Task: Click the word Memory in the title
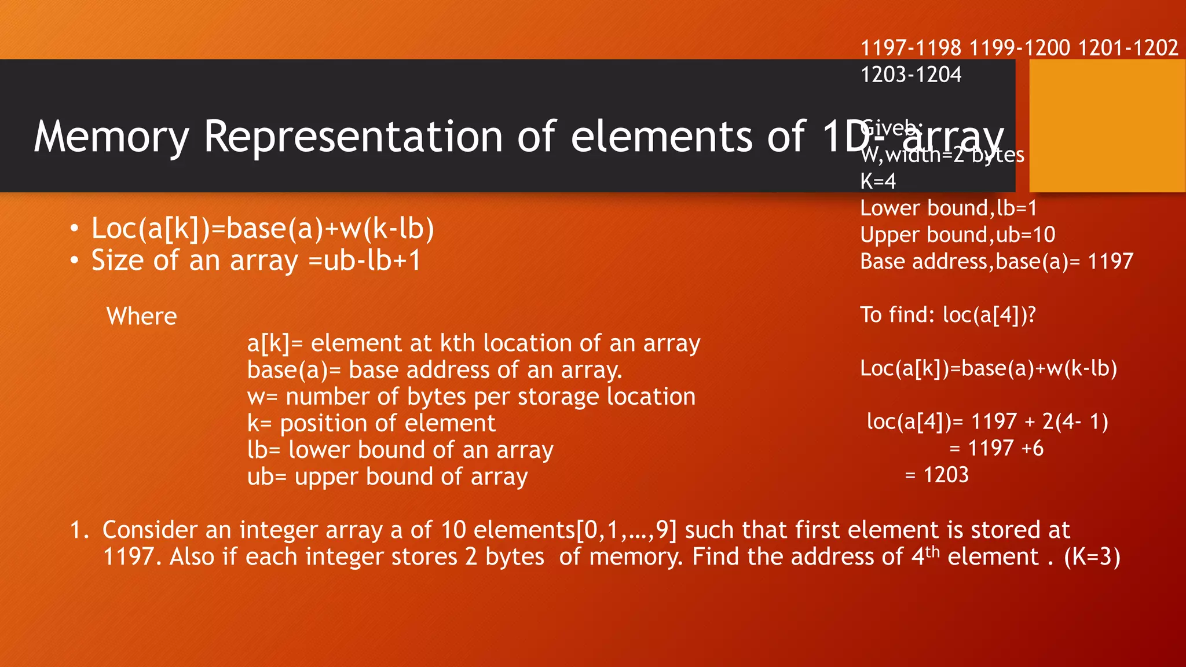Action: click(111, 137)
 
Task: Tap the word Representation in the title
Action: click(353, 137)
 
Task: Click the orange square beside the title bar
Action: click(1107, 126)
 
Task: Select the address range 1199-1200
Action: click(1019, 47)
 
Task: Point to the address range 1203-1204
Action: click(910, 75)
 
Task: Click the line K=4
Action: click(878, 181)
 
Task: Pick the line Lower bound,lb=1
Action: click(948, 208)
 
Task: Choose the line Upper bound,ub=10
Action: click(957, 234)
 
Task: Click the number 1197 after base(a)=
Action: click(1110, 261)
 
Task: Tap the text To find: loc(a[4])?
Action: click(947, 314)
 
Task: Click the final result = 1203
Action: click(936, 475)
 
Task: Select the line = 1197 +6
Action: click(996, 448)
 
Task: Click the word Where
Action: click(142, 316)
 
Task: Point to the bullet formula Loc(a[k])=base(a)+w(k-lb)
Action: click(262, 228)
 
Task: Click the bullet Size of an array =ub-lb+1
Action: click(256, 261)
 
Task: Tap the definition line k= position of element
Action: click(371, 423)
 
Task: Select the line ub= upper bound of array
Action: click(387, 477)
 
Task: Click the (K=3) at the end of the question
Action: click(1092, 557)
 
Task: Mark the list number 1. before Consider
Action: click(79, 530)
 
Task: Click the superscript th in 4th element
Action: click(932, 550)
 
